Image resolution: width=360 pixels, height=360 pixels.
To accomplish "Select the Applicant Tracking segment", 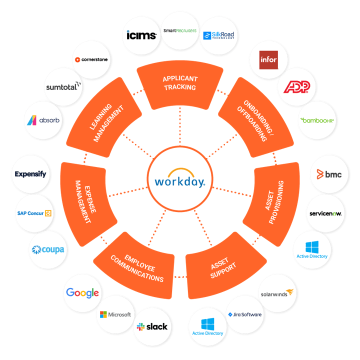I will coord(179,83).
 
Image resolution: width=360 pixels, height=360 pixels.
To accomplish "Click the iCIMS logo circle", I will coord(142,35).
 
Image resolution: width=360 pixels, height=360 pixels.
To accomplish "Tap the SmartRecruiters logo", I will coord(179,30).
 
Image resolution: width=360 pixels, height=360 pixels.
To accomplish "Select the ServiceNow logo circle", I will coord(325,213).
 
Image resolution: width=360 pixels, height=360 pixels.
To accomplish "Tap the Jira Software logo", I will coord(244,315).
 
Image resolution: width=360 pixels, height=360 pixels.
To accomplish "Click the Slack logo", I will coord(152,327).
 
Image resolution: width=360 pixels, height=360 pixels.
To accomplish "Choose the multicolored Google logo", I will coord(82,293).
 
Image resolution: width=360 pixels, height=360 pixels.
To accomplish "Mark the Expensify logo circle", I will coord(30,174).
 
